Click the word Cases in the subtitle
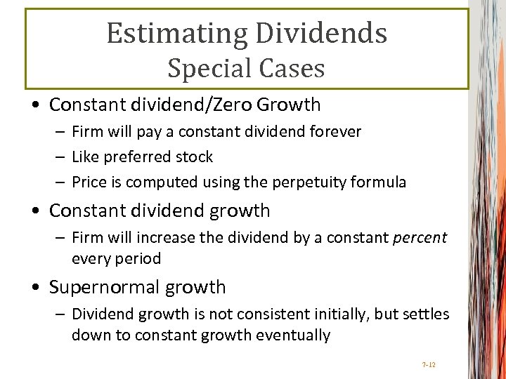(x=293, y=69)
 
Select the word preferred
(x=130, y=157)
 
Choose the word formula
(x=379, y=182)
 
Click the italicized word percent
(x=419, y=237)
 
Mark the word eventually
(x=296, y=335)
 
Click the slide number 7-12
(x=428, y=364)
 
